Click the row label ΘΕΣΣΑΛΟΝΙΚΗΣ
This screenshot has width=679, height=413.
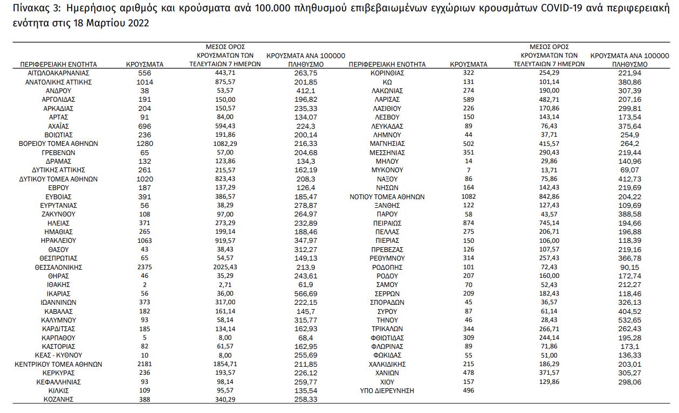pos(58,267)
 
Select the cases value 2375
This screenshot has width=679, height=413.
pos(145,267)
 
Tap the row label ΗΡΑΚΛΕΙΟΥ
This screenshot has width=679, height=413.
pos(58,241)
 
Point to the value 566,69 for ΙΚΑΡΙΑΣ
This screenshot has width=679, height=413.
pos(306,293)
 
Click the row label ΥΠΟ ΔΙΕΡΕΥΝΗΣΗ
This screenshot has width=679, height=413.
pos(387,390)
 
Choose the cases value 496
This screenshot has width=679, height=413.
pos(468,390)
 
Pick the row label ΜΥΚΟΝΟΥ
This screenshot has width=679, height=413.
pos(387,170)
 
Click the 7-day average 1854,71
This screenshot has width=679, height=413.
pos(225,364)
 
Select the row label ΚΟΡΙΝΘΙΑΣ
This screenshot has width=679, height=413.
pos(387,73)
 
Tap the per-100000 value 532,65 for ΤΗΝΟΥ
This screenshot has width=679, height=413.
pos(630,320)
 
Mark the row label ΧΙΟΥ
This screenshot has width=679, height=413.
pos(387,382)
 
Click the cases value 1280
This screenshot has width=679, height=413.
pos(145,144)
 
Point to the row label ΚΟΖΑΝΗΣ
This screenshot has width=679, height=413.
pos(58,400)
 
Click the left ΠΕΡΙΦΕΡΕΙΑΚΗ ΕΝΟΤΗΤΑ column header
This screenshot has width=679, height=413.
pos(58,64)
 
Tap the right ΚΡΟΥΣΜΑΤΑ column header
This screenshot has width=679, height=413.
pos(468,64)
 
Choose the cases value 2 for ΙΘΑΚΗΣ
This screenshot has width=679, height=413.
pos(145,285)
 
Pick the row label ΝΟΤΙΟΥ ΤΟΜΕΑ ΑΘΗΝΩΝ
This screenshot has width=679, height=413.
pos(387,197)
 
